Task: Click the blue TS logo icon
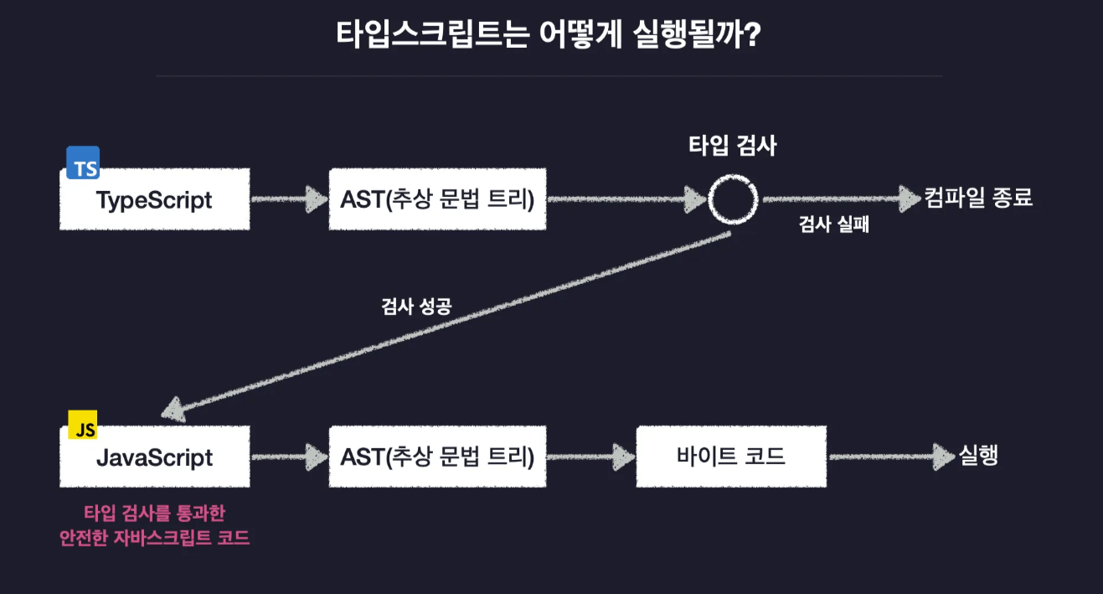coord(83,163)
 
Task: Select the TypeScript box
coord(154,200)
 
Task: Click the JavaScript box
coord(154,457)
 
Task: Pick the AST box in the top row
coord(437,200)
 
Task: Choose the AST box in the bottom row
coord(437,457)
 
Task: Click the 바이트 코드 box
coord(730,457)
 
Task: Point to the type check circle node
coord(733,199)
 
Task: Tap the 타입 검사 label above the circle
coord(732,146)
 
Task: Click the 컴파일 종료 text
coord(978,199)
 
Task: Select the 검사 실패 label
coord(833,225)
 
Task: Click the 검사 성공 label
coord(416,306)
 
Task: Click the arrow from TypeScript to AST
coord(289,199)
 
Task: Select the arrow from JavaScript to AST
coord(289,457)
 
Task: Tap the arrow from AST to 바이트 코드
coord(590,457)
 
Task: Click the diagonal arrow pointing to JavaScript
coord(444,322)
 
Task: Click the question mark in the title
coord(750,37)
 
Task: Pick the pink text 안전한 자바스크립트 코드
coord(154,537)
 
